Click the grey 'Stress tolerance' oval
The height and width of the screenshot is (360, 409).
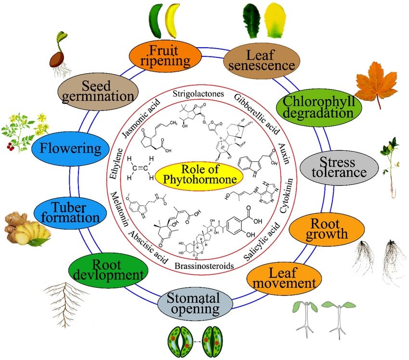point(338,167)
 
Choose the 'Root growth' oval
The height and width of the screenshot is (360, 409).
point(329,229)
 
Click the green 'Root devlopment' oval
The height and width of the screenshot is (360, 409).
point(107,270)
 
